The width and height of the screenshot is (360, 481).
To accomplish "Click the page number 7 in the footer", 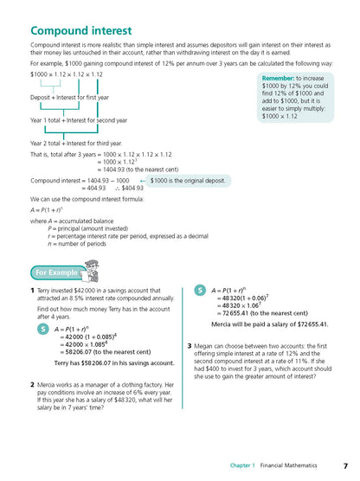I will coord(344,465).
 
